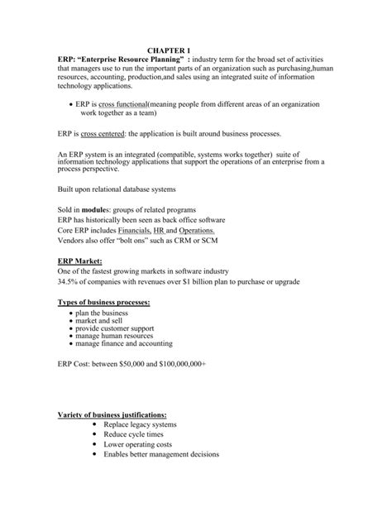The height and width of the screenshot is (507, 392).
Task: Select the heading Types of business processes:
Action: (x=103, y=304)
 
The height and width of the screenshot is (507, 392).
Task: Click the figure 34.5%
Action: (x=69, y=282)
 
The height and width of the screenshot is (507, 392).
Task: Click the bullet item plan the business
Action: (x=102, y=314)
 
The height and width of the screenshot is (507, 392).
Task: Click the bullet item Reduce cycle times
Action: (x=134, y=434)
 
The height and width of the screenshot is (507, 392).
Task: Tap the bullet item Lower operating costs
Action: (x=139, y=444)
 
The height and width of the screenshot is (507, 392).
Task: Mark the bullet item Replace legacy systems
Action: (x=141, y=424)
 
